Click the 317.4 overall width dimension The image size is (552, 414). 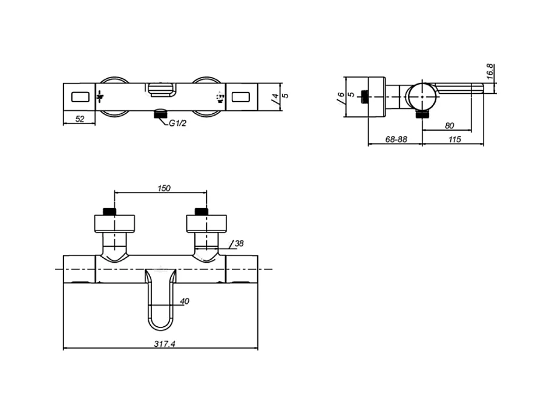pos(165,344)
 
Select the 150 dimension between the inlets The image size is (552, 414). pos(164,188)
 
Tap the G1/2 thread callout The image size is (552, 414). pos(178,123)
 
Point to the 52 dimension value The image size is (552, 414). pos(80,119)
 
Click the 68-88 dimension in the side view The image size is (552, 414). pos(396,139)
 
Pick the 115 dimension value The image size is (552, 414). pos(455,139)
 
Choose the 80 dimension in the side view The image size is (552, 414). pos(450,126)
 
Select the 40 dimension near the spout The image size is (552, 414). pos(185,301)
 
